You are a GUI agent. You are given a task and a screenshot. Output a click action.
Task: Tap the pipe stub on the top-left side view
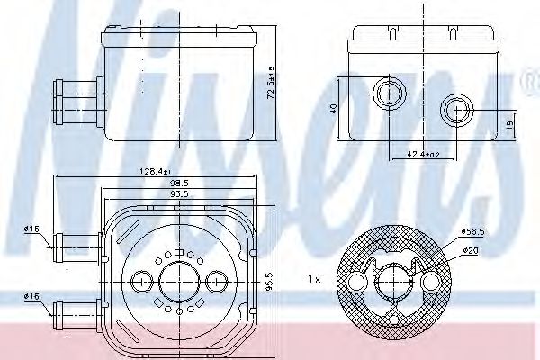click(75, 94)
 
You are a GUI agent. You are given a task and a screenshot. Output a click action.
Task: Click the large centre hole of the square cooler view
click(179, 282)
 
